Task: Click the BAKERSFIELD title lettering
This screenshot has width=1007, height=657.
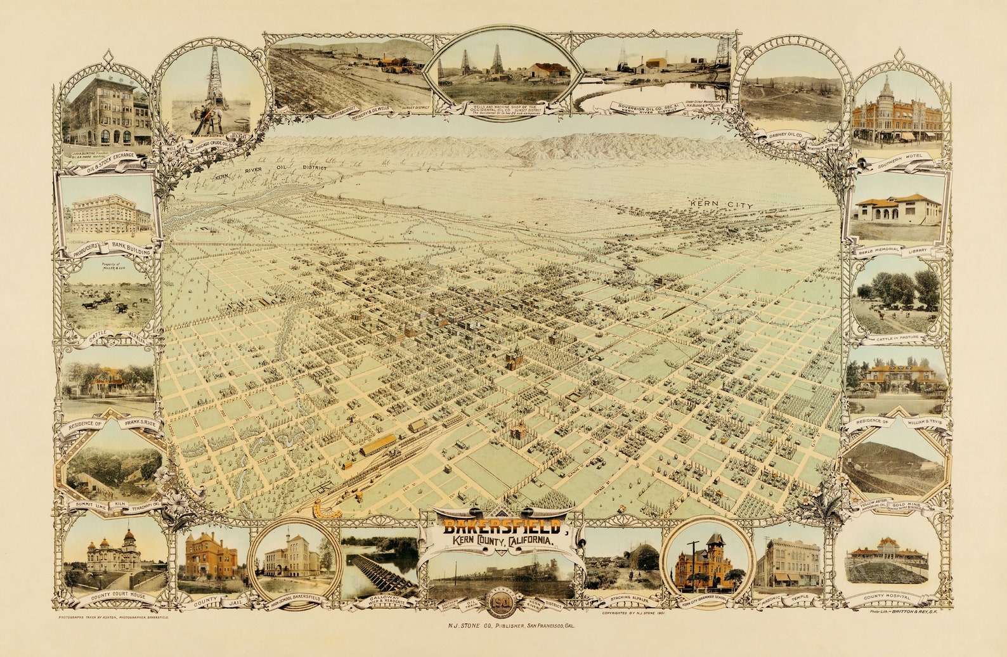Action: pyautogui.click(x=501, y=526)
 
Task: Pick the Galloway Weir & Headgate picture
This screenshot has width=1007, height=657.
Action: pyautogui.click(x=379, y=567)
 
